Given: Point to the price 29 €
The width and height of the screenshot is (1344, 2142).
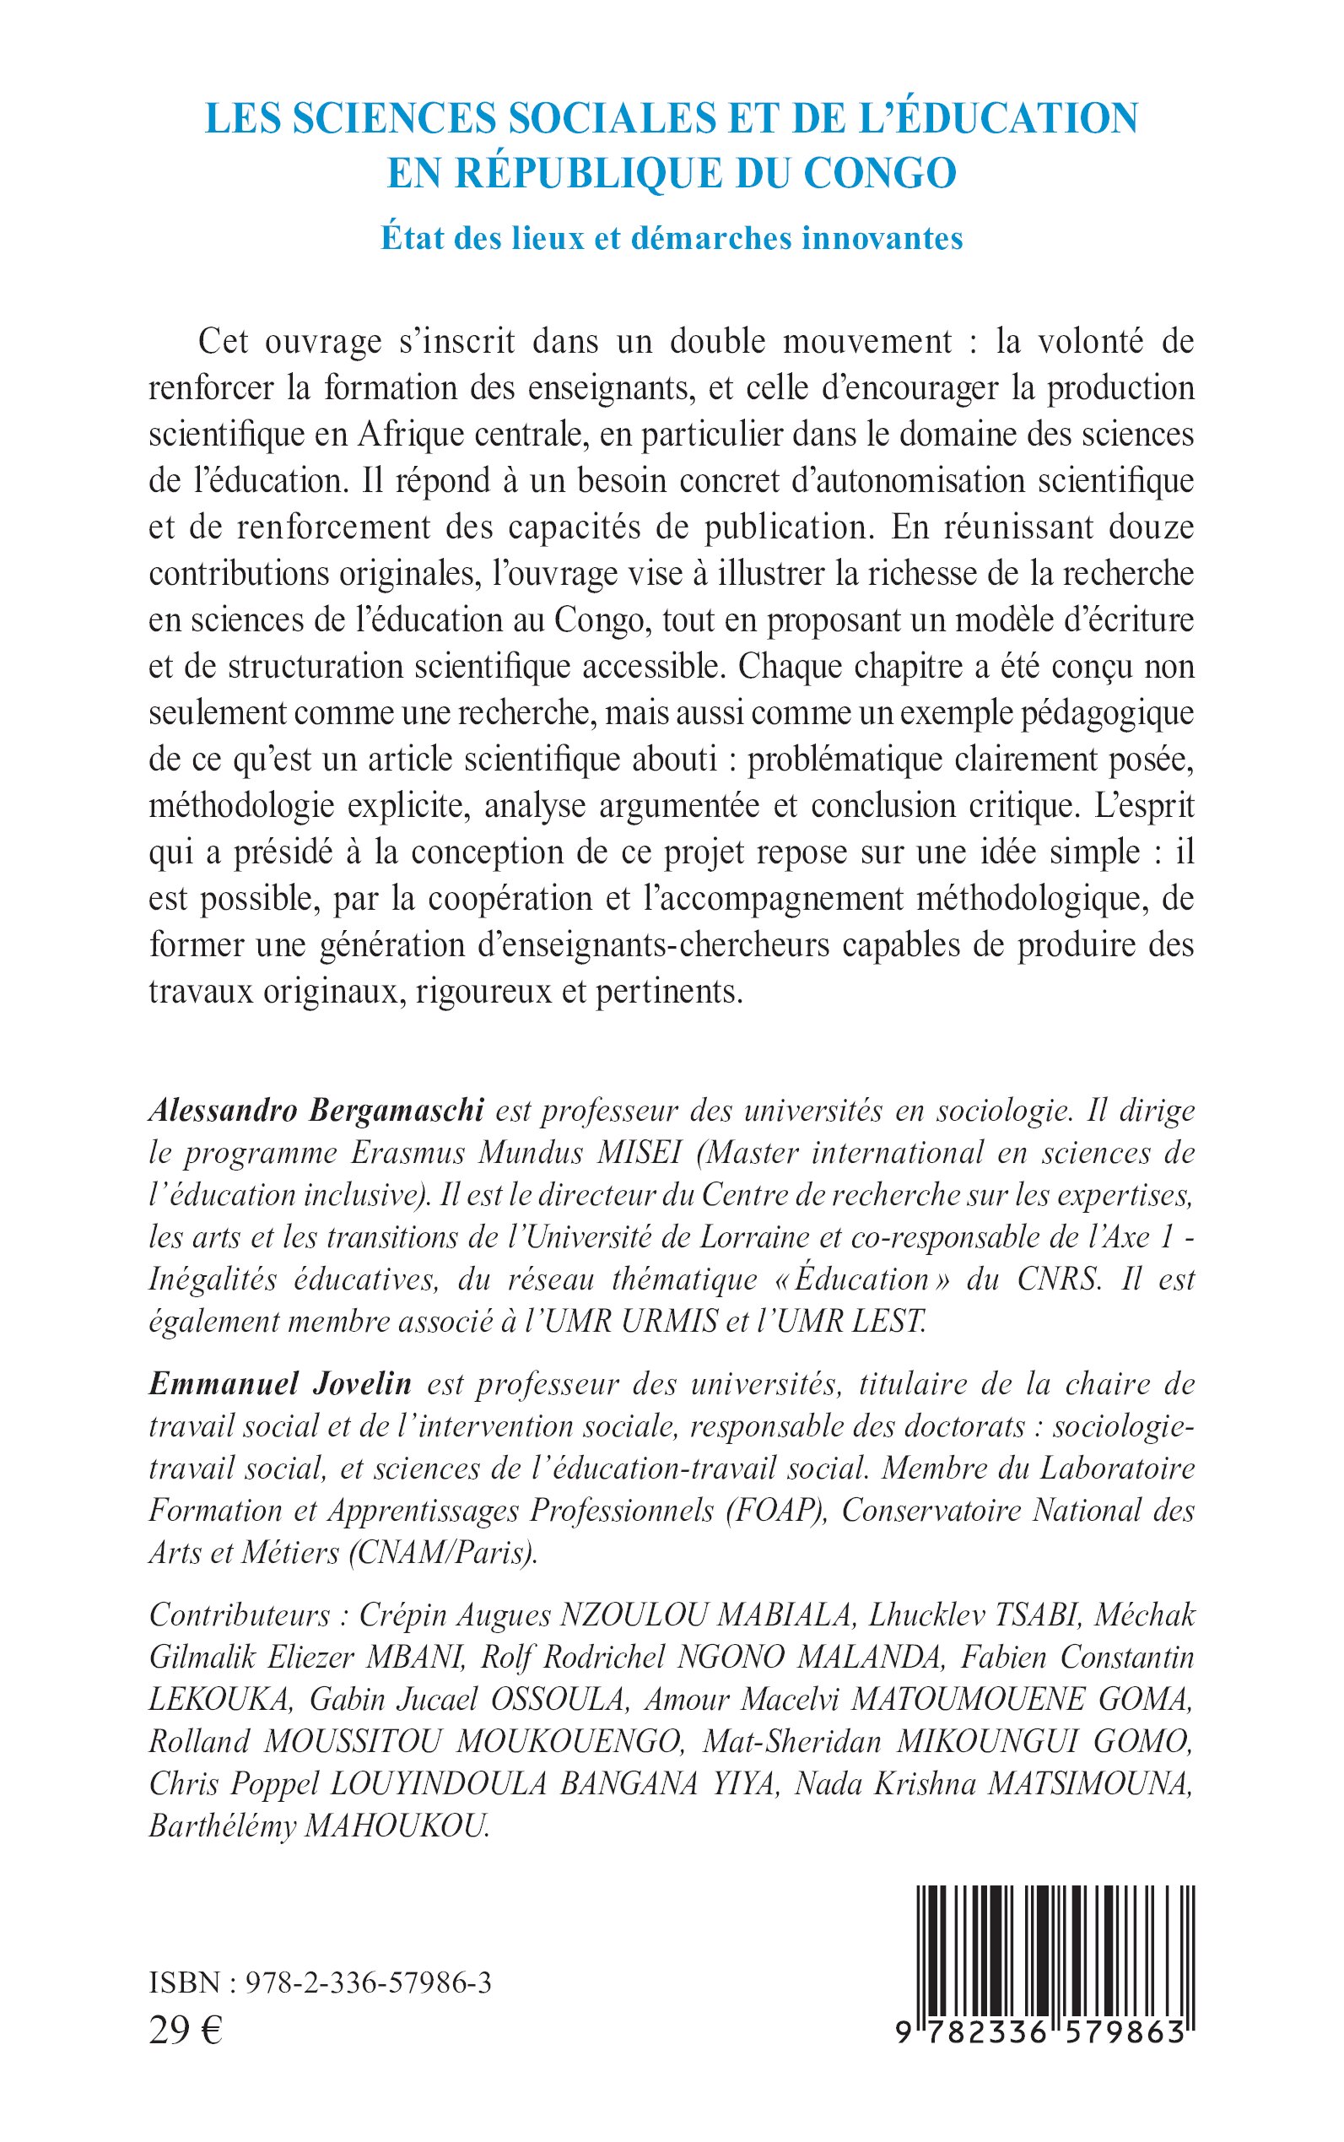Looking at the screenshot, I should (x=186, y=2030).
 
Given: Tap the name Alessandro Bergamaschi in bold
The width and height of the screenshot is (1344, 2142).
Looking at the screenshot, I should (x=316, y=1111).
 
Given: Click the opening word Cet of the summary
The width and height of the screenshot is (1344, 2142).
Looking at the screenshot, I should (x=220, y=342).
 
